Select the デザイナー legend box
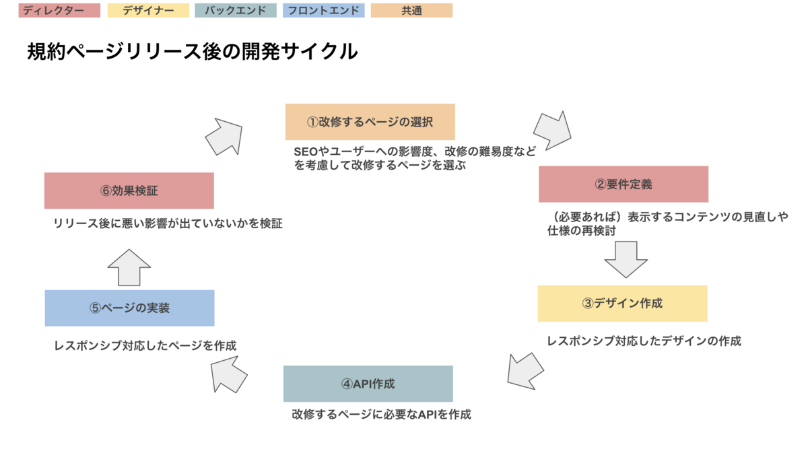click(147, 11)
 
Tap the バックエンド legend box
click(235, 11)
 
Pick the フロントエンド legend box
click(324, 11)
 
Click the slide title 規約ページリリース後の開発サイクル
click(192, 52)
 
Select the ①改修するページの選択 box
click(370, 122)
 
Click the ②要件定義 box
click(623, 184)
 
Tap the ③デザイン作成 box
click(622, 303)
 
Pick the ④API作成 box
click(368, 384)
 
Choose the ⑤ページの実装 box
click(129, 308)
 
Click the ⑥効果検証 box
click(129, 190)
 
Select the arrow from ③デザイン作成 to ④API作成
click(525, 370)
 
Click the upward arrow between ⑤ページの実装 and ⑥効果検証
click(129, 267)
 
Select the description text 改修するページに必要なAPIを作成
click(381, 414)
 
